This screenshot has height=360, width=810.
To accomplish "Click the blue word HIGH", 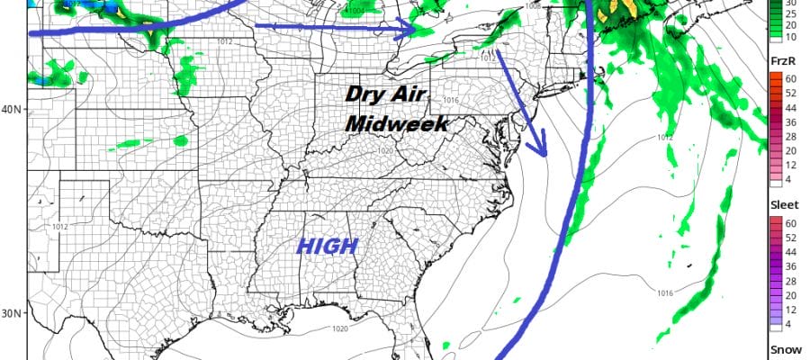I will (x=328, y=244).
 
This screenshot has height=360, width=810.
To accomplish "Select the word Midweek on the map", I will (x=396, y=123).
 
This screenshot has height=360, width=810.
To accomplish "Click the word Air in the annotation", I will (x=412, y=94).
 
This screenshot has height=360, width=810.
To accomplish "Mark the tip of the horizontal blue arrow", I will (x=415, y=30).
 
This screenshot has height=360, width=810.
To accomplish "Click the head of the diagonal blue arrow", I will (x=543, y=155).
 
